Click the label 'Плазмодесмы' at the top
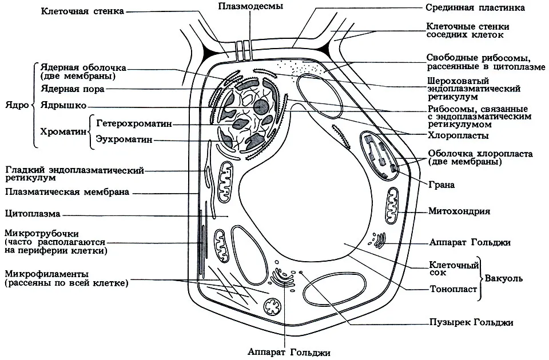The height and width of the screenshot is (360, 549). [x=250, y=6]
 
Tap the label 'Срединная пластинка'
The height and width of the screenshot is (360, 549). [x=475, y=7]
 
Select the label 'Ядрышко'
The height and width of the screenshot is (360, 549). [x=63, y=105]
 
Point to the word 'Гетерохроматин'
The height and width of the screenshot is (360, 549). [x=134, y=124]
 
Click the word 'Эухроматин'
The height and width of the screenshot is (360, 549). [x=124, y=139]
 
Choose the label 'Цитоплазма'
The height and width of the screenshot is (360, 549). [x=33, y=213]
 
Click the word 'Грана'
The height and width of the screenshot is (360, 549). [x=441, y=185]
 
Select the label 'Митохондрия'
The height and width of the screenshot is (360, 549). [x=459, y=211]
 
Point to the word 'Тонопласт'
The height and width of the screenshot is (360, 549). [x=453, y=289]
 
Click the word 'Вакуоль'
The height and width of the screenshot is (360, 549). [x=503, y=278]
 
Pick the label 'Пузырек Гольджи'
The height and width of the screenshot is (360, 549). [x=471, y=322]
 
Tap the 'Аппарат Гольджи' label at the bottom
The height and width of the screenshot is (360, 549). [x=289, y=352]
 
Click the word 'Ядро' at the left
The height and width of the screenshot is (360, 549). [x=17, y=105]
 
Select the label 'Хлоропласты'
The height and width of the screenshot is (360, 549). [x=458, y=135]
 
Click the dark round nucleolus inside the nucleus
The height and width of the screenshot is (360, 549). [x=261, y=107]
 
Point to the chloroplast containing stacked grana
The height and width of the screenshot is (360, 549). [x=380, y=155]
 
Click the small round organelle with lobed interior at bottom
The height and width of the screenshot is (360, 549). [x=272, y=307]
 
